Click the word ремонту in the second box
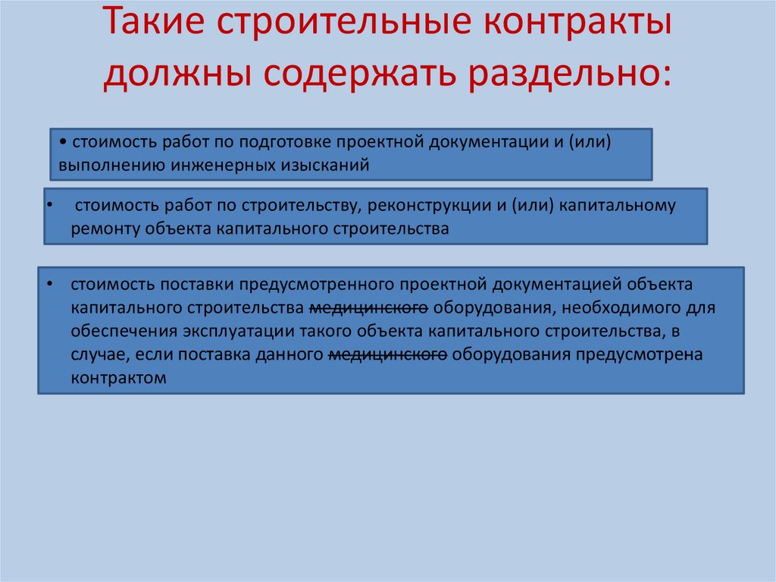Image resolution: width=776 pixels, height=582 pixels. point(99,228)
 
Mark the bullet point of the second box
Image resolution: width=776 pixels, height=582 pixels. point(49,205)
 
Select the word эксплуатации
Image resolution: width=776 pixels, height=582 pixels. point(247,332)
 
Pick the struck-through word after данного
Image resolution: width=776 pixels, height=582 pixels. point(388,354)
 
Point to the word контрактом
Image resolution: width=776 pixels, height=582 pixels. point(118,377)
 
